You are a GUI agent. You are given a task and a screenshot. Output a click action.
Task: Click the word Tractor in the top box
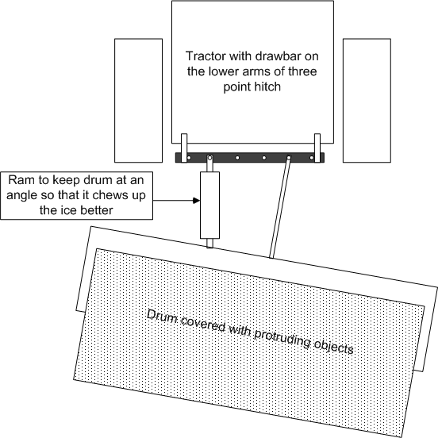point(206,56)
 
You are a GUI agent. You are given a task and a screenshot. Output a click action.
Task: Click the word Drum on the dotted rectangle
point(162,318)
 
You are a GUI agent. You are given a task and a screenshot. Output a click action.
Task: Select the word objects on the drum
point(334,347)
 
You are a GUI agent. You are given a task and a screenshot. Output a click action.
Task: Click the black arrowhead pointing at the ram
point(196,200)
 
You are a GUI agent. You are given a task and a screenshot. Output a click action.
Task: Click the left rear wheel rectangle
point(138,101)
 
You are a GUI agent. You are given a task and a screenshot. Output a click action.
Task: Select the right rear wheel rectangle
point(367,101)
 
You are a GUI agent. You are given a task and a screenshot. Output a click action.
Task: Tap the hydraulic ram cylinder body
point(209,205)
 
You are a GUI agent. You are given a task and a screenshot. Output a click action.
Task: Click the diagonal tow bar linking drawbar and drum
point(280,207)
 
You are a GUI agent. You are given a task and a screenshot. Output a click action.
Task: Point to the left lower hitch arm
point(184,148)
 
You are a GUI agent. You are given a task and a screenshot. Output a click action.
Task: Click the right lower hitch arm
point(317,148)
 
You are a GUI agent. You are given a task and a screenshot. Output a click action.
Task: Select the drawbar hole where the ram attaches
point(209,158)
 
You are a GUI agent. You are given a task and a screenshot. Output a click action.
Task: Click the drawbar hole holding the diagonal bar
point(289,158)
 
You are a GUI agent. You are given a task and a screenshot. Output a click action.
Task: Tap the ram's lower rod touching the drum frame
point(209,243)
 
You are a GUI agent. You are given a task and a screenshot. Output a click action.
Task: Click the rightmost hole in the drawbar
point(312,158)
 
